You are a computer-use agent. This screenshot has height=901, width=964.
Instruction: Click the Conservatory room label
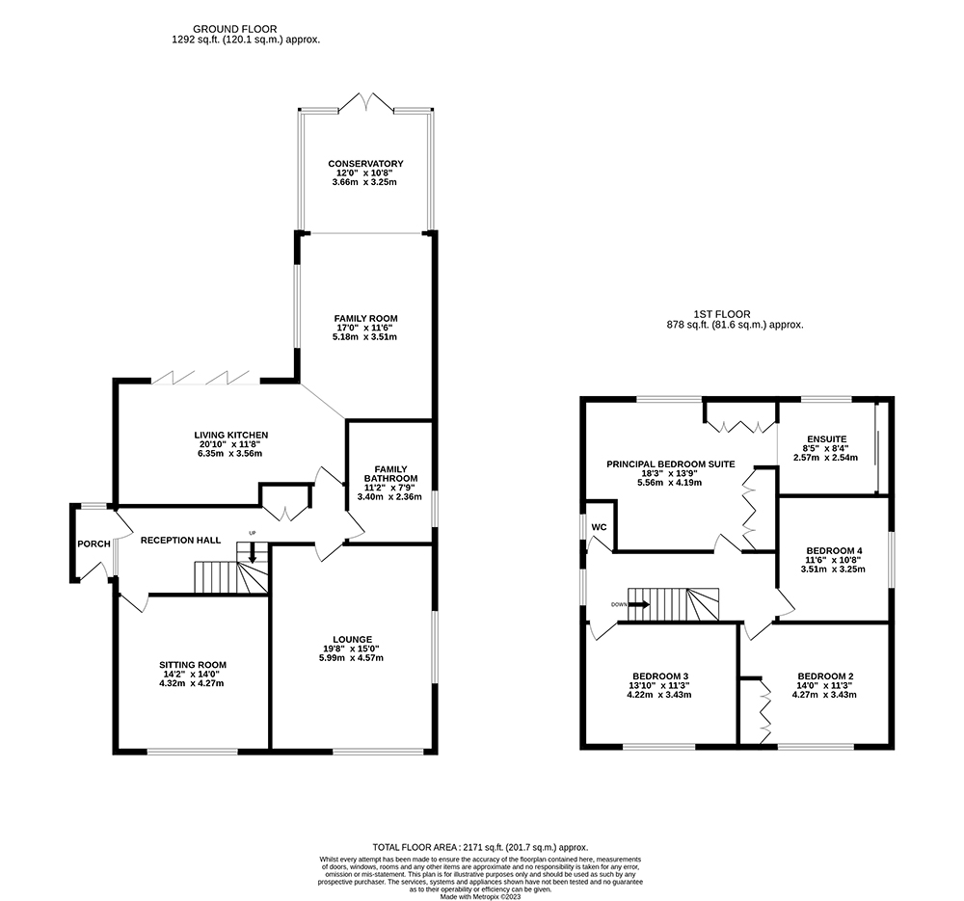click(365, 164)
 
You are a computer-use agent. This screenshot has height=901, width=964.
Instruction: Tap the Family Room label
click(365, 318)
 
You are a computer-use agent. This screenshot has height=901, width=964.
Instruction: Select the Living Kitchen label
click(231, 436)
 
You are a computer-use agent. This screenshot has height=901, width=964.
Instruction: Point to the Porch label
click(94, 543)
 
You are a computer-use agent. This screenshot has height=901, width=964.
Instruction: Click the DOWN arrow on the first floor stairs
click(638, 604)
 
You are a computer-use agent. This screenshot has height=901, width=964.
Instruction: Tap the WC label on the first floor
click(599, 527)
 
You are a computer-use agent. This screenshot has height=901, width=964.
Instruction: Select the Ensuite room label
click(827, 439)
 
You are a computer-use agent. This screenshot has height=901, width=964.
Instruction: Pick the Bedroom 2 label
click(826, 676)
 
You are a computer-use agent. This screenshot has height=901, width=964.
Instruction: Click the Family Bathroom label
click(390, 474)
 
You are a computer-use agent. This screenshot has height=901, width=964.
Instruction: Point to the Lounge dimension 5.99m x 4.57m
click(352, 657)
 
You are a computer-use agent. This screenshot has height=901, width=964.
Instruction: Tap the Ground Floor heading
click(235, 29)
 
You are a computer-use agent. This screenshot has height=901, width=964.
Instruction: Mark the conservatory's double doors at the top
click(366, 102)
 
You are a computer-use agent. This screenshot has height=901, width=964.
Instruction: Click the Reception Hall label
click(181, 541)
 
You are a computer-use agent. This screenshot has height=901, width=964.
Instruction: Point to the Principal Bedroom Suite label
click(671, 464)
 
